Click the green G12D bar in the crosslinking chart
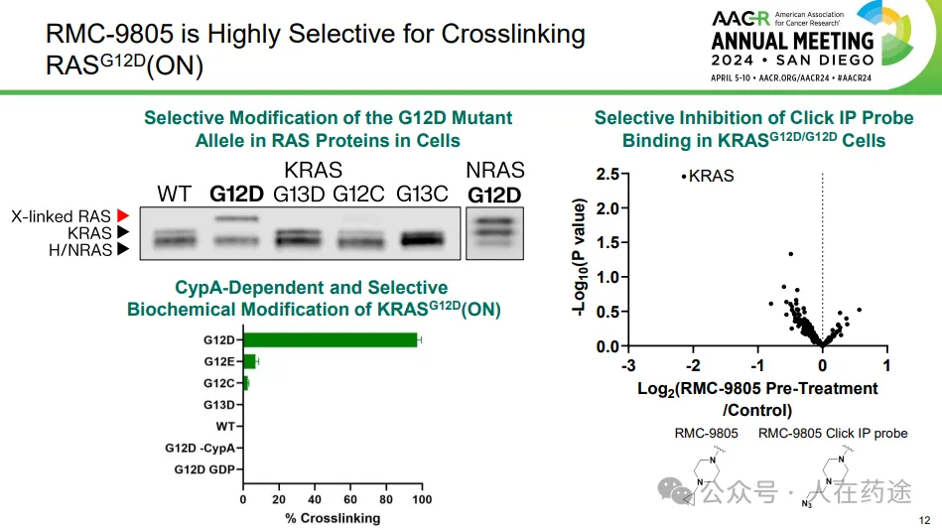point(331,340)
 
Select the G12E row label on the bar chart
point(219,361)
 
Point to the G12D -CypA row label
point(200,449)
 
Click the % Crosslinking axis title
point(332,518)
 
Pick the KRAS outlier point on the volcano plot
point(683,177)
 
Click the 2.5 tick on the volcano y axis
point(607,176)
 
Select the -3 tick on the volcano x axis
point(628,365)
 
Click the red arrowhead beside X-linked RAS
point(123,214)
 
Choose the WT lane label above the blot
point(174,193)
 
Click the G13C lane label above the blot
point(422,193)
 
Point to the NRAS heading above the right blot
point(495,170)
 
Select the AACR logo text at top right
point(742,18)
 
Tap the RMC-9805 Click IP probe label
point(833,433)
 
